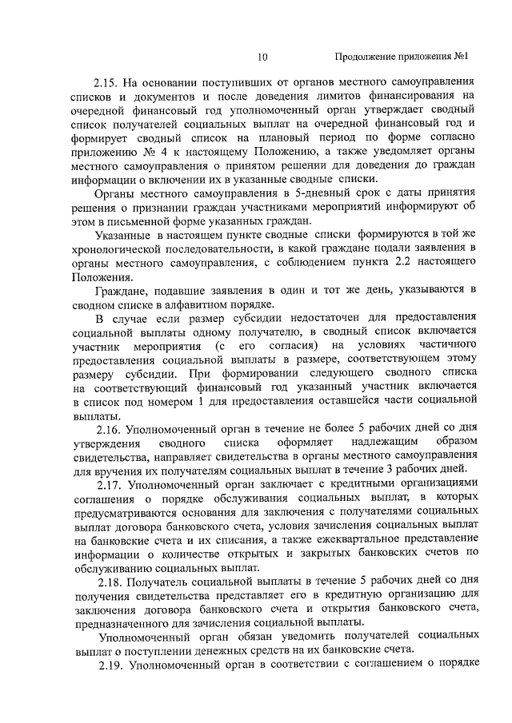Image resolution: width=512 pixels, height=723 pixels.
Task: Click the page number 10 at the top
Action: click(264, 57)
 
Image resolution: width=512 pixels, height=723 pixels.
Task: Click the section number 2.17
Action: click(110, 484)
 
